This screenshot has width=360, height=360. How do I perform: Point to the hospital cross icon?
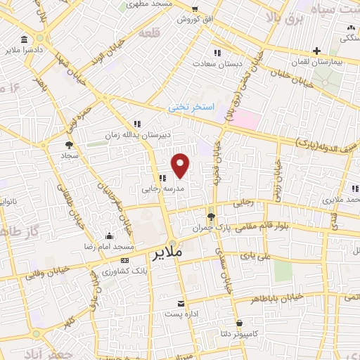tap(317, 51)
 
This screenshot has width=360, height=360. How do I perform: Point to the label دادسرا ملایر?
tap(25, 51)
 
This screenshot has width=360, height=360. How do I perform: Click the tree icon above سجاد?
tap(69, 144)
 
